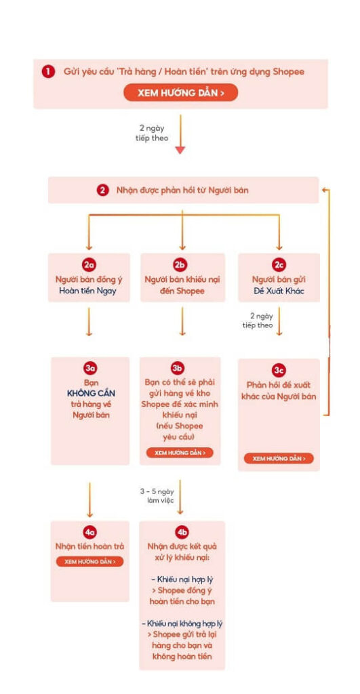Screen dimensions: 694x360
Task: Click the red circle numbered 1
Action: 48,72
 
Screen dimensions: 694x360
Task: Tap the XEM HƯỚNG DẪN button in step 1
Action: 180,92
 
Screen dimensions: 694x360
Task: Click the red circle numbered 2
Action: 102,190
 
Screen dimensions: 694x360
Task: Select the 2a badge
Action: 89,265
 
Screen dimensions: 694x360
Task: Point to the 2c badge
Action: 278,265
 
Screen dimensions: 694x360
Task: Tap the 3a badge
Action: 90,369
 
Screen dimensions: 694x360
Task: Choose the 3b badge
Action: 178,369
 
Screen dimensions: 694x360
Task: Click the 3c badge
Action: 279,370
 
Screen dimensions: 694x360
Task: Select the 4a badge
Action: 89,532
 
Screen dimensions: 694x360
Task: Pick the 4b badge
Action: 182,532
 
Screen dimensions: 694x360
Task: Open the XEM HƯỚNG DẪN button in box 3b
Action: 180,452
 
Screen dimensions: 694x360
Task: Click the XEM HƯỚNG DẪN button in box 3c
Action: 279,458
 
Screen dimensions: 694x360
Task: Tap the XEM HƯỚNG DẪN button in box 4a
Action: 89,561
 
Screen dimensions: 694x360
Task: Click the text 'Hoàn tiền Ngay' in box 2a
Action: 87,292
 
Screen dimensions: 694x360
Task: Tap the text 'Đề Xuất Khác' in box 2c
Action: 279,292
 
